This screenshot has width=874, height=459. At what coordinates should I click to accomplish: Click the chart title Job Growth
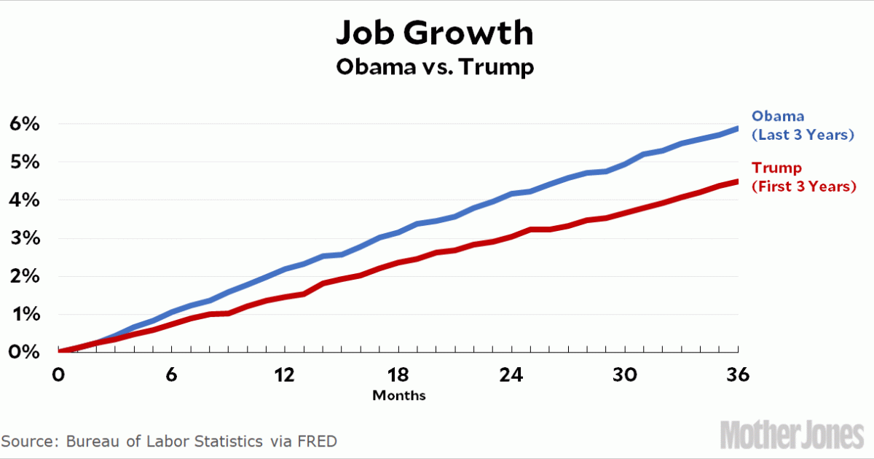[435, 34]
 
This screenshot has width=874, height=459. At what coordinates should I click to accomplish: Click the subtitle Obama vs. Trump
[435, 67]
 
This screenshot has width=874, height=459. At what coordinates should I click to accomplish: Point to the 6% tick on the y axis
[23, 124]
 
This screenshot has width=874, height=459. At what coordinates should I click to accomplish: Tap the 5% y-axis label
[23, 162]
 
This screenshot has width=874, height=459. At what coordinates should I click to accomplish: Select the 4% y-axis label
[23, 200]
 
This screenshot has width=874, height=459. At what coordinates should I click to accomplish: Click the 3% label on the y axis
[23, 238]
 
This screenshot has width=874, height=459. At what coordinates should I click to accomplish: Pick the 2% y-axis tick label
[23, 276]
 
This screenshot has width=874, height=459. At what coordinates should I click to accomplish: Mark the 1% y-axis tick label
[23, 314]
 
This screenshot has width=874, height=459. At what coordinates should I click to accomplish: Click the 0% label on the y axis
[23, 352]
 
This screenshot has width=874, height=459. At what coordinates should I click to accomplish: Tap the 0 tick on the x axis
[58, 374]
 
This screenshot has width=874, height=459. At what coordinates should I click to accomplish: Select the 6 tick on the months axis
[172, 374]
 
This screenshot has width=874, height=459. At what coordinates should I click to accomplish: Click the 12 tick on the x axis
[285, 374]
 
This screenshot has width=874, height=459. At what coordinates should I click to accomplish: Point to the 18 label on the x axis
[398, 374]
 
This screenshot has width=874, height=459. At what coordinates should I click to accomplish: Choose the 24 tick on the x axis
[512, 374]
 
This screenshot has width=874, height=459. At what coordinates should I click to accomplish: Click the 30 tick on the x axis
[625, 374]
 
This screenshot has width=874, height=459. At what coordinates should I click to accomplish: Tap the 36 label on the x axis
[738, 374]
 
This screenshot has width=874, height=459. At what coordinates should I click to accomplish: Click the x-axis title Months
[398, 396]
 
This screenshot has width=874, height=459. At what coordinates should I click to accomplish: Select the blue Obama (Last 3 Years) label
[802, 125]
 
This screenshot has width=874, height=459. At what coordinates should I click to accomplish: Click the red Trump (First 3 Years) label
[803, 177]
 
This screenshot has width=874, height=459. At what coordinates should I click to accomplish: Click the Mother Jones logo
[792, 435]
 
